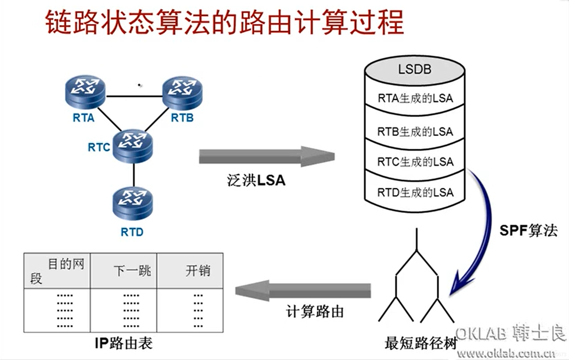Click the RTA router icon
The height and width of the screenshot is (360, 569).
(85, 91)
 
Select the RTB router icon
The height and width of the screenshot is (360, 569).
(182, 93)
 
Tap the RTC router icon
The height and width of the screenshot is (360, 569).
(133, 146)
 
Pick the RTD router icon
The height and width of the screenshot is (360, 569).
(133, 204)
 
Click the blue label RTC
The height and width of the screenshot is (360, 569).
(99, 147)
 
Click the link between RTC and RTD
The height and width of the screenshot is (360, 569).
(134, 175)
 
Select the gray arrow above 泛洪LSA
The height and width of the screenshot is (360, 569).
(266, 156)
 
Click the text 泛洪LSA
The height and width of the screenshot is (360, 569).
(256, 180)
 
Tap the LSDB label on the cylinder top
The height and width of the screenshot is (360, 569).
(414, 69)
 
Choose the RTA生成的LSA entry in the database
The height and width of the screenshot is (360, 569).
(415, 98)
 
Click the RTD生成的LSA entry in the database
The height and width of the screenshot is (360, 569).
(415, 192)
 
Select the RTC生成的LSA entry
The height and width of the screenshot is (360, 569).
(415, 162)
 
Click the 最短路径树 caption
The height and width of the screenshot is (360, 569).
(420, 343)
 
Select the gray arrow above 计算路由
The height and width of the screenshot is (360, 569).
(303, 290)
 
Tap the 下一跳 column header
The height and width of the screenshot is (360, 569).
(132, 270)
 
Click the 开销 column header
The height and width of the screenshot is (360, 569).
(198, 270)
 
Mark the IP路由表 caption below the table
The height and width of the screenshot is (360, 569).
(123, 343)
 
